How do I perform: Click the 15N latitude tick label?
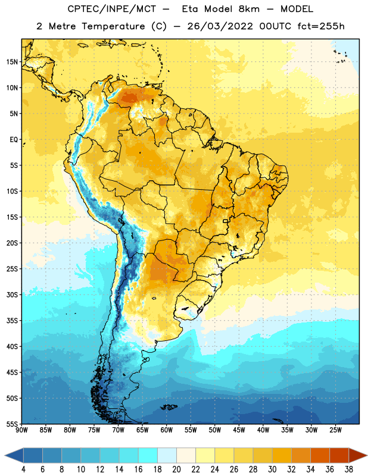click(12, 62)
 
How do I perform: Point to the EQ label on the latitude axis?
click(14, 140)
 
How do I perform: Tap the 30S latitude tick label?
click(12, 295)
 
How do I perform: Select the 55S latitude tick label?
click(12, 424)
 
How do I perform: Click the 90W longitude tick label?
click(21, 430)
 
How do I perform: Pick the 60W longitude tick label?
click(167, 430)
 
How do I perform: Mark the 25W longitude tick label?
click(335, 430)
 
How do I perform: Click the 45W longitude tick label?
click(239, 430)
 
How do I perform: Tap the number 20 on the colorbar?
click(176, 469)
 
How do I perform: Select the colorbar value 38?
click(349, 469)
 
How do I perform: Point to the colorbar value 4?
click(23, 469)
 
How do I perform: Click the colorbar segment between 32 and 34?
click(301, 456)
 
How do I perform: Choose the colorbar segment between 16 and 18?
click(148, 456)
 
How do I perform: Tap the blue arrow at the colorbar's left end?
click(14, 456)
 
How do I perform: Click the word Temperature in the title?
click(113, 26)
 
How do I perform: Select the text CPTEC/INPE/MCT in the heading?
click(111, 9)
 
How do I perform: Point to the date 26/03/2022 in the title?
click(220, 26)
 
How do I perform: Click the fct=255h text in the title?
click(321, 26)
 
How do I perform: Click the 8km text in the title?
click(249, 9)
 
